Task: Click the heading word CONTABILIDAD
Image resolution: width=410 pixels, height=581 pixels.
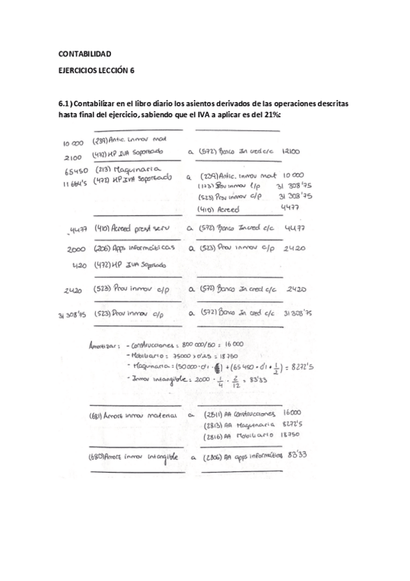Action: coord(85,53)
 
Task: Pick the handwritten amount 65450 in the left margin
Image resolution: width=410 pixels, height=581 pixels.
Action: coord(73,169)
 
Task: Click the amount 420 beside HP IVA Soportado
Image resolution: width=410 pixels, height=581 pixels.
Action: coord(80,263)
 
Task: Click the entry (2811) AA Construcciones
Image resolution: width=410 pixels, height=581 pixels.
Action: coord(239,413)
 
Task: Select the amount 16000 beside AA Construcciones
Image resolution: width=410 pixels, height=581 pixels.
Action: coord(292,412)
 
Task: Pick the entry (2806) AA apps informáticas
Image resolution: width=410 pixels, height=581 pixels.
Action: coord(242,456)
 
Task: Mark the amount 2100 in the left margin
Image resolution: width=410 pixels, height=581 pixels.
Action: coord(73,156)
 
